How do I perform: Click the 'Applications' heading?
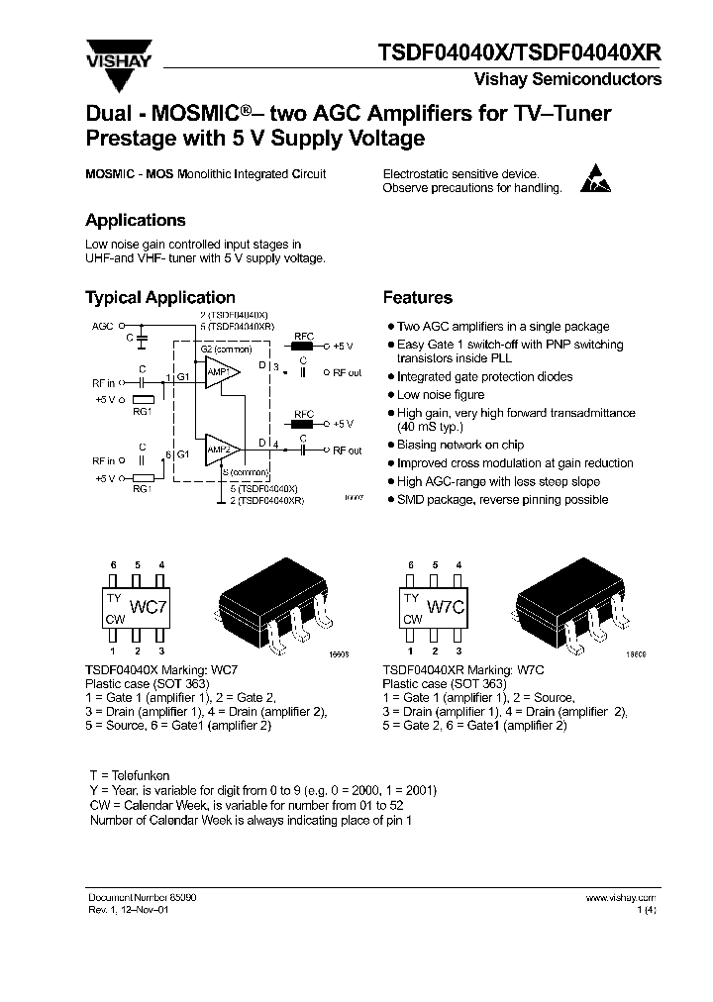(x=135, y=221)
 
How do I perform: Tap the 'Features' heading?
(x=417, y=298)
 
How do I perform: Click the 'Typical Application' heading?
(x=159, y=298)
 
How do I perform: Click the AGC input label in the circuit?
(x=103, y=325)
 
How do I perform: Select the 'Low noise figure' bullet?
(x=442, y=394)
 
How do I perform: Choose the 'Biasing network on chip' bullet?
(x=460, y=445)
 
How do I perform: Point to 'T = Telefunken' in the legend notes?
(x=130, y=775)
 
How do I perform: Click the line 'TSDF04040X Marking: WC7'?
(x=152, y=670)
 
